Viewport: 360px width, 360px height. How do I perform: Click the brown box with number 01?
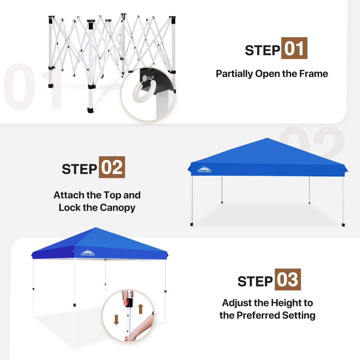(294, 48)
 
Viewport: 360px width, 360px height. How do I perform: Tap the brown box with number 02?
(112, 167)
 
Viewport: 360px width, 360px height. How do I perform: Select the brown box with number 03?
(288, 280)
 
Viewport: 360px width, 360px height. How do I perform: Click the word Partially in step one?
(234, 74)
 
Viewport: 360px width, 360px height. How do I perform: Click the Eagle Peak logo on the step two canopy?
(204, 170)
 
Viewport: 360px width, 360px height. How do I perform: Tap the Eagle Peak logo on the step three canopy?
(88, 253)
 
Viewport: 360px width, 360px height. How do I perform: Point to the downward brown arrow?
(116, 319)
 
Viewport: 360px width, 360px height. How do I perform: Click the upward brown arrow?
(141, 309)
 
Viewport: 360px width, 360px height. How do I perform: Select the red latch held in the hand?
(128, 303)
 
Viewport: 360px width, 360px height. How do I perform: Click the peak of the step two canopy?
(267, 139)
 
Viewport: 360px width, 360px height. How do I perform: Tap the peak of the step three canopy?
(95, 228)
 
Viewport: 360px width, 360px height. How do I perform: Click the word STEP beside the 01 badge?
(262, 50)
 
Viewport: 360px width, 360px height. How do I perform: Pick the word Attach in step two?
(69, 195)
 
